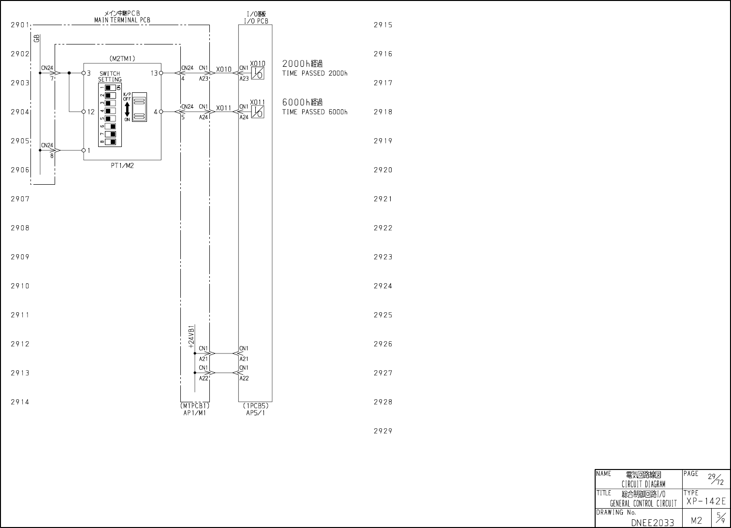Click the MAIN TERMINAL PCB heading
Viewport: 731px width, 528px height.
(122, 20)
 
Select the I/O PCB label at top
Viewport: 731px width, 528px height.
(256, 21)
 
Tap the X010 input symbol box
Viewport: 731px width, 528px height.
(258, 73)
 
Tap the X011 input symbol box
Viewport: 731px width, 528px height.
(258, 112)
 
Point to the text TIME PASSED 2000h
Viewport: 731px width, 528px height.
(315, 73)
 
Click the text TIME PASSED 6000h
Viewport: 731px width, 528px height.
(315, 112)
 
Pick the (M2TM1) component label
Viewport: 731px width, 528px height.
(122, 59)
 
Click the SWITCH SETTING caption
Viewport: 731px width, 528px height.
(110, 76)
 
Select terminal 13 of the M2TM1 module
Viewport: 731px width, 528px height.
(154, 73)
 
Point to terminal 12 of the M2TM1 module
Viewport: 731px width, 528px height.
(91, 112)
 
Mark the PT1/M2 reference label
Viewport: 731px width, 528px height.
(122, 165)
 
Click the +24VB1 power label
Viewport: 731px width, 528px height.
(191, 337)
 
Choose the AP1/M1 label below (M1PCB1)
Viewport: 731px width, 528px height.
(195, 413)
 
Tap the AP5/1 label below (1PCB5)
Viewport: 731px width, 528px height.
(256, 413)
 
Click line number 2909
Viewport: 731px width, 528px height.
(20, 257)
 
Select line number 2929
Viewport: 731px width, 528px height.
(383, 431)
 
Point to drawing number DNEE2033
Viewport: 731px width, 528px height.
(652, 522)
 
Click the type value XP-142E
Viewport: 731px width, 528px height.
(705, 501)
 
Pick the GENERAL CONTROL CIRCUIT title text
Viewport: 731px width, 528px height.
(643, 503)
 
